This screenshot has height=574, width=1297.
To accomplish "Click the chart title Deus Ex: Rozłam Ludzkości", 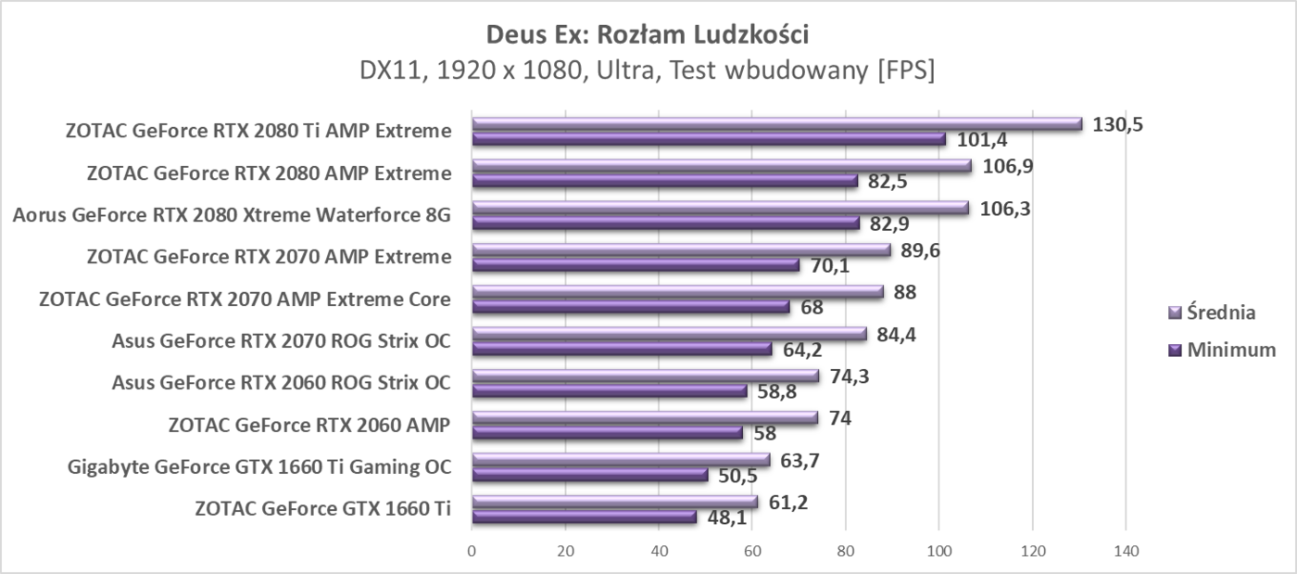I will click(648, 35).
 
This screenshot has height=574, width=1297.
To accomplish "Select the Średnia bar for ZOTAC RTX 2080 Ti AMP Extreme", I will click(776, 123).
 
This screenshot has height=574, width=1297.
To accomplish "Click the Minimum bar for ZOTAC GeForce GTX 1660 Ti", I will click(584, 517).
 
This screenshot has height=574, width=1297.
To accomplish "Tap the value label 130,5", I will click(1117, 124).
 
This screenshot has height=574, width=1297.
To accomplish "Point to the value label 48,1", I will click(726, 517).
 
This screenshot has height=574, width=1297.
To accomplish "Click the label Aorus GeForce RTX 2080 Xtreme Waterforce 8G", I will click(232, 216).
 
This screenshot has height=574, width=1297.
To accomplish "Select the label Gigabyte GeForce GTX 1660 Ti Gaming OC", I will click(259, 466).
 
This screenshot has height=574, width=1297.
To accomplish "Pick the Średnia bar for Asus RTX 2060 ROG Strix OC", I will click(646, 376).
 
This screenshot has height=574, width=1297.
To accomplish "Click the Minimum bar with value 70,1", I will click(636, 265).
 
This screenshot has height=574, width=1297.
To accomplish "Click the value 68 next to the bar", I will click(812, 307).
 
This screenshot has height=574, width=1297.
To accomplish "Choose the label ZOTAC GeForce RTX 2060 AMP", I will click(309, 426).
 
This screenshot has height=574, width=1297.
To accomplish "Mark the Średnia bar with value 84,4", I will click(669, 334).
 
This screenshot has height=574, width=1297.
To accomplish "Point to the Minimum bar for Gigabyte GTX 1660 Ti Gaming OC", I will click(590, 475).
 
